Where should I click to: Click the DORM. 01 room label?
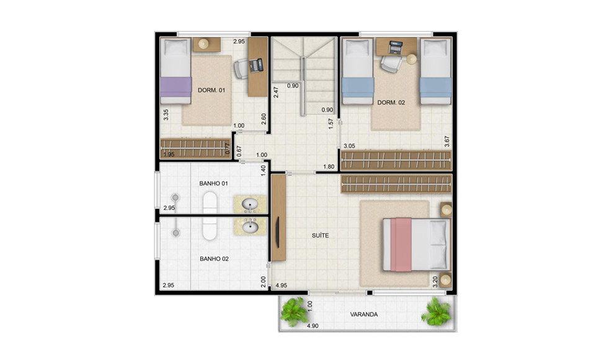[211, 90]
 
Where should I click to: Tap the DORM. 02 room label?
[391, 103]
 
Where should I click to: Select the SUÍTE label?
[320, 235]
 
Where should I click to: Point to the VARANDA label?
[364, 314]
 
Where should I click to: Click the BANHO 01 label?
[213, 183]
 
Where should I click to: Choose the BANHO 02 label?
[215, 258]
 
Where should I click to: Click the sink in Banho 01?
[250, 204]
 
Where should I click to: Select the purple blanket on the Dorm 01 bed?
[176, 87]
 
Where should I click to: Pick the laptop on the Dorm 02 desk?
[396, 48]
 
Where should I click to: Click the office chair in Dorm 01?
[241, 69]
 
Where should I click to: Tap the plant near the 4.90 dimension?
[295, 311]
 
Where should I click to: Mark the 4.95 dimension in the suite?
[282, 286]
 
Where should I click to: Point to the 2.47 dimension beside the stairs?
[276, 92]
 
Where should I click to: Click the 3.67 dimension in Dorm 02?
[447, 141]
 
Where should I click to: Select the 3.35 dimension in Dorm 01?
[166, 115]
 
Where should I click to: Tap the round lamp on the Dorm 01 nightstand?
[203, 44]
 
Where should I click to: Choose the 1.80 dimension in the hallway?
[329, 167]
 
